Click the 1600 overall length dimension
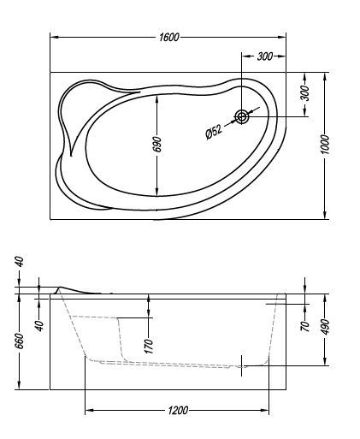coord(169,38)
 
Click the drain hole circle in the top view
coord(243,116)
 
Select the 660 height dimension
coord(20,341)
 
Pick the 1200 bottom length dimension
coord(177,412)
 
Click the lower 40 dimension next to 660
coord(38,325)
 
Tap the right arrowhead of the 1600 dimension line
coord(286,38)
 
